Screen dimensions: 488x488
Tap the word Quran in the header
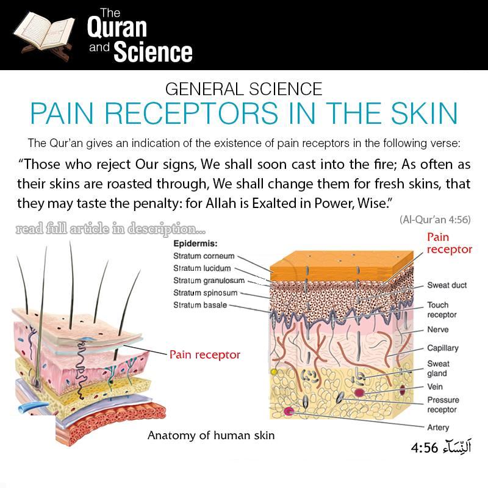point(117,27)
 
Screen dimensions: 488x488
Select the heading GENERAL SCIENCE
point(243,89)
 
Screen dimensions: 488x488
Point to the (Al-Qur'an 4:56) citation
point(435,219)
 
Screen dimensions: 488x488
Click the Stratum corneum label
point(204,256)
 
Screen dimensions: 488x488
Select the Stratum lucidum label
point(202,268)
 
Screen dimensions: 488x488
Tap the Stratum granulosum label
point(209,281)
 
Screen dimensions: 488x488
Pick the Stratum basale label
point(200,305)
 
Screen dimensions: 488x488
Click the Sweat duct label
point(447,285)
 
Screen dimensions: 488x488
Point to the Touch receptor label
point(442,310)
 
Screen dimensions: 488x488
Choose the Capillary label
point(442,348)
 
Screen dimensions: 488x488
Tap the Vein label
point(435,387)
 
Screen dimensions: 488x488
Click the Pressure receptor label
point(443,405)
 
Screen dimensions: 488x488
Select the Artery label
point(438,428)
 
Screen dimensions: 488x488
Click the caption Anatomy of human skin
point(211,436)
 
